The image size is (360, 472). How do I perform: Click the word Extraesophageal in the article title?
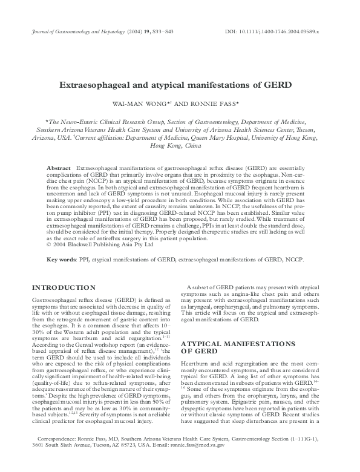[102, 85]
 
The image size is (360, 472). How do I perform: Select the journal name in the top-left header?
[76, 30]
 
